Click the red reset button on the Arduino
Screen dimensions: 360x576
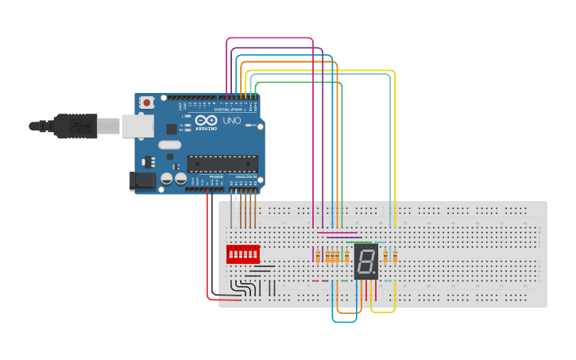pyautogui.click(x=147, y=102)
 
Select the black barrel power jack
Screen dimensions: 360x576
pyautogui.click(x=143, y=182)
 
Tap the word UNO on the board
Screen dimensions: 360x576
pyautogui.click(x=230, y=121)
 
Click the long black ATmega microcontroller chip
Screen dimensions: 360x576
pyautogui.click(x=222, y=164)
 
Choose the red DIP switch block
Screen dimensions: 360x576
pyautogui.click(x=243, y=254)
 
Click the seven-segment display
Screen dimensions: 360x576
pyautogui.click(x=366, y=261)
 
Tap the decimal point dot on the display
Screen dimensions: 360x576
pyautogui.click(x=376, y=273)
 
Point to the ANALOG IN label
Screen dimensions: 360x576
pyautogui.click(x=244, y=176)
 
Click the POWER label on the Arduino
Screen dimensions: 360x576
pyautogui.click(x=216, y=176)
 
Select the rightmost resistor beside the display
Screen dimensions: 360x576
pyautogui.click(x=395, y=256)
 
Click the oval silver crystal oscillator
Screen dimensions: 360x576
pyautogui.click(x=170, y=145)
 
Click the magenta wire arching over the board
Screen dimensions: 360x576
pyautogui.click(x=270, y=37)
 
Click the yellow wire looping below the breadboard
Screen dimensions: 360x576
pyautogui.click(x=383, y=312)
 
